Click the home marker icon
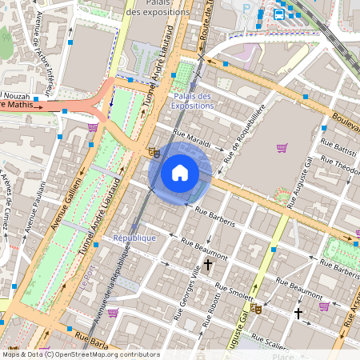[x=180, y=173]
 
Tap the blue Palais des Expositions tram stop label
[x=192, y=101]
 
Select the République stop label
[x=134, y=238]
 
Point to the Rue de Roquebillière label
[x=243, y=132]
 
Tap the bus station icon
[x=279, y=14]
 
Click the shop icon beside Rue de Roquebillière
[x=282, y=148]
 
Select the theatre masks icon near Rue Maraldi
[x=154, y=151]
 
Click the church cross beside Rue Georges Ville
[x=208, y=263]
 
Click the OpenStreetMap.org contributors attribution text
[x=109, y=354]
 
